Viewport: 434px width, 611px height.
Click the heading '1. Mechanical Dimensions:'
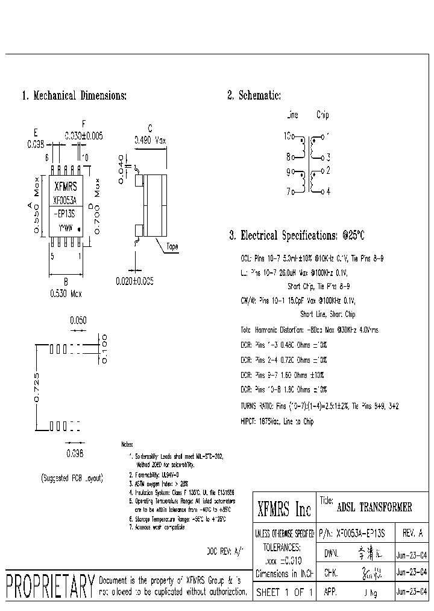(x=74, y=95)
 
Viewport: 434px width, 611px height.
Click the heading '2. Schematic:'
(x=254, y=95)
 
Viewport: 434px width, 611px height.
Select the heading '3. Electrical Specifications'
(x=297, y=235)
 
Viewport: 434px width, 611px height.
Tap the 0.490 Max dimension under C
(x=150, y=139)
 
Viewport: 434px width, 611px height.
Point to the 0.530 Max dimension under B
(x=66, y=293)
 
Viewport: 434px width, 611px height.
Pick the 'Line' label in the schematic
(x=292, y=115)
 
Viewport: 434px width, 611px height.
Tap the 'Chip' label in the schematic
(x=322, y=115)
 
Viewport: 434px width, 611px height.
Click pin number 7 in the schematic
(x=289, y=192)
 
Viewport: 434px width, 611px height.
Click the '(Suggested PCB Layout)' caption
(x=72, y=478)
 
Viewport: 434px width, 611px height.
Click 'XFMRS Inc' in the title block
(x=284, y=510)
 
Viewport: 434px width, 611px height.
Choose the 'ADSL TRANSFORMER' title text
(x=374, y=507)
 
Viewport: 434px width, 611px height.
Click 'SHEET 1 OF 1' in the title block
(x=284, y=592)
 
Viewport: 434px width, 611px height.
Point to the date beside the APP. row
(x=412, y=592)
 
